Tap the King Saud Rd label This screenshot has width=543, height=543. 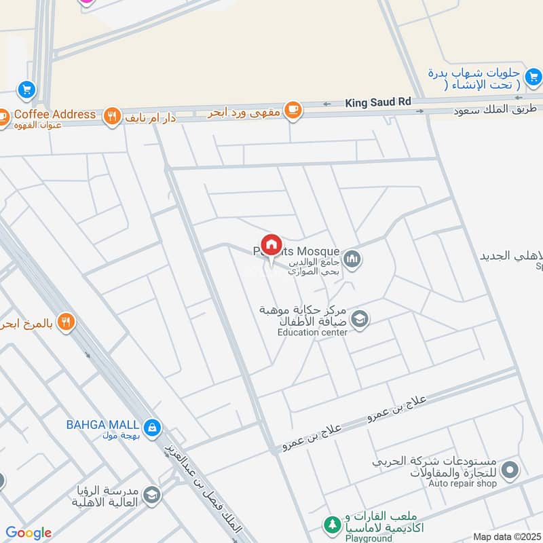click(x=378, y=102)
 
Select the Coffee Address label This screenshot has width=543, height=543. click(x=55, y=114)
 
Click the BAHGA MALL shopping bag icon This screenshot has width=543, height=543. click(x=153, y=426)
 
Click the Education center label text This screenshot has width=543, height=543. click(x=312, y=333)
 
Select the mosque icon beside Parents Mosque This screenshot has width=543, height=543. click(x=352, y=259)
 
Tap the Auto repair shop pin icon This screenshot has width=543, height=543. click(x=511, y=470)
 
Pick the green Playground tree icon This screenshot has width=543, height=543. click(x=332, y=524)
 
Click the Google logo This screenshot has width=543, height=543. click(x=29, y=533)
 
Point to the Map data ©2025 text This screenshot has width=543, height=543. click(x=506, y=536)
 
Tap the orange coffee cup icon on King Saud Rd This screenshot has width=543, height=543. click(x=293, y=110)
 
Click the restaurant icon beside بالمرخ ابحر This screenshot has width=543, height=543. click(x=65, y=322)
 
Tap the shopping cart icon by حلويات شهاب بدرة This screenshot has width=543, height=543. click(x=533, y=75)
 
